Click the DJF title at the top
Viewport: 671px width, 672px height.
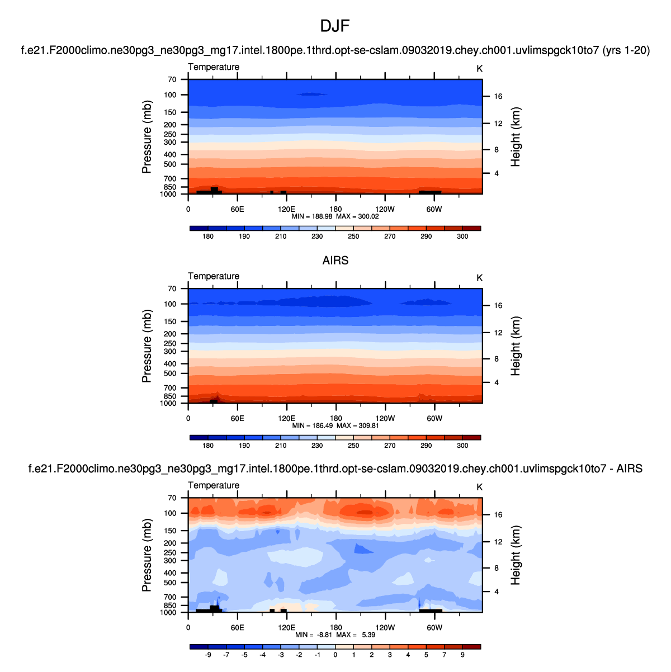(335, 26)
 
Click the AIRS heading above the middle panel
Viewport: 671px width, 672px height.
(335, 261)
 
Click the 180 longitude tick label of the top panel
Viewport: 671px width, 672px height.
(335, 210)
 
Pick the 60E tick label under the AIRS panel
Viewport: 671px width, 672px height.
(237, 419)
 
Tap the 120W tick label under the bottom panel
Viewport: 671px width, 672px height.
(385, 628)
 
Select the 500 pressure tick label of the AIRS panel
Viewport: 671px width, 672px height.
(170, 373)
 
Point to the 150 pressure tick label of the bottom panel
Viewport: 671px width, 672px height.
(170, 531)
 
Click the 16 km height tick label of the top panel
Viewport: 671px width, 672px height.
(498, 97)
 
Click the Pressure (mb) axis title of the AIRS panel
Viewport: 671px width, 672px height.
(147, 346)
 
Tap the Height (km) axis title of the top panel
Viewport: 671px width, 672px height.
(516, 137)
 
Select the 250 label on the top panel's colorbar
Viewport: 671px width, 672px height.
(353, 236)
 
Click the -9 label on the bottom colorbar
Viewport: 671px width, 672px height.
(208, 655)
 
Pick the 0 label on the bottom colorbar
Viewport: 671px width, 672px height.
(335, 655)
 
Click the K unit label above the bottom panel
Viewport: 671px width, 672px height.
(479, 487)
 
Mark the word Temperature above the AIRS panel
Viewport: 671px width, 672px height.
(214, 276)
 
